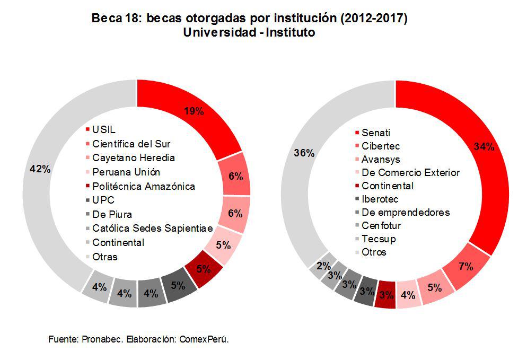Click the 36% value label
pyautogui.click(x=304, y=153)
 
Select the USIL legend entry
pyautogui.click(x=103, y=129)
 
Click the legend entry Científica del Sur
pyautogui.click(x=131, y=144)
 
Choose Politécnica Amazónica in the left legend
pyautogui.click(x=143, y=186)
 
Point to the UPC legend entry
pyautogui.click(x=103, y=200)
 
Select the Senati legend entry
pyautogui.click(x=376, y=133)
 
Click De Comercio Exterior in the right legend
pyautogui.click(x=410, y=172)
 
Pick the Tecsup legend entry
pyautogui.click(x=379, y=239)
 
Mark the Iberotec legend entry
pyautogui.click(x=380, y=199)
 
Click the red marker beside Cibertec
pyautogui.click(x=357, y=146)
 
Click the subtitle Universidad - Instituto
pyautogui.click(x=249, y=33)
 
